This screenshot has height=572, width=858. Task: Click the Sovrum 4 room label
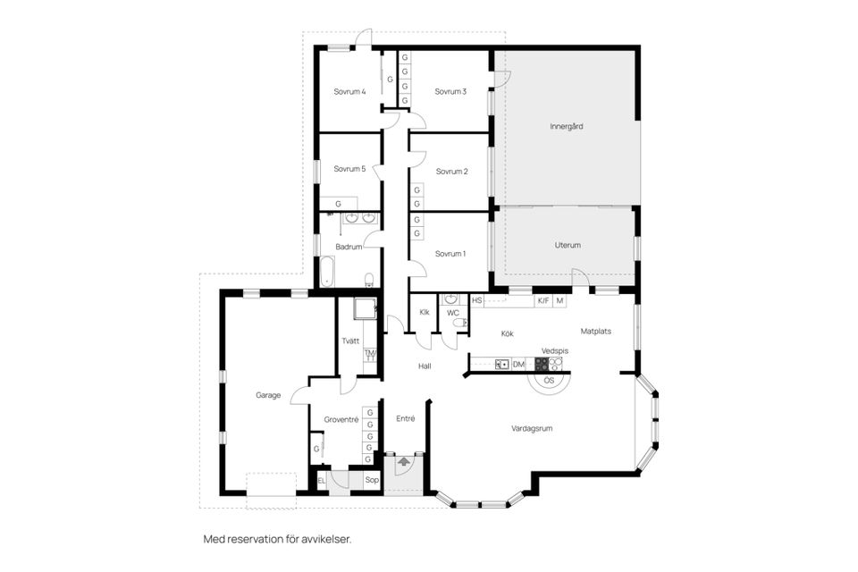pos(350,91)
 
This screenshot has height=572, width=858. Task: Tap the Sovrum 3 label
pos(450,91)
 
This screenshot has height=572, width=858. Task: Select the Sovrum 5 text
pos(350,169)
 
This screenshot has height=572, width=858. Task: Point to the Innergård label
pos(566,127)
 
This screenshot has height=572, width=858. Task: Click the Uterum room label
pos(568,245)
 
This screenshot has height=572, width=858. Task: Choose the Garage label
pos(268,395)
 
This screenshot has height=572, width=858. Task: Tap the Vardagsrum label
pos(532,428)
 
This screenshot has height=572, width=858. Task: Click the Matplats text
pos(595,331)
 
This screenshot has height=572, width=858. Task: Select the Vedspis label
pos(555,351)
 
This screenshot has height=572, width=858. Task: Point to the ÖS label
pos(549,381)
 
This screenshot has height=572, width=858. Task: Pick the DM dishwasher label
pos(518,365)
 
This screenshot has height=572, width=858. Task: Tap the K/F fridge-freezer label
pos(543,301)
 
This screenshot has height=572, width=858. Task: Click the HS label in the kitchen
pos(477,301)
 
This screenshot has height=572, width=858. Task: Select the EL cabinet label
pos(322,481)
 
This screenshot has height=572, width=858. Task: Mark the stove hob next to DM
pos(541,365)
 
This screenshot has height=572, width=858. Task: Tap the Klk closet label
pos(425,313)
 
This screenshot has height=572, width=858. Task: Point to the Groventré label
pos(341,419)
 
